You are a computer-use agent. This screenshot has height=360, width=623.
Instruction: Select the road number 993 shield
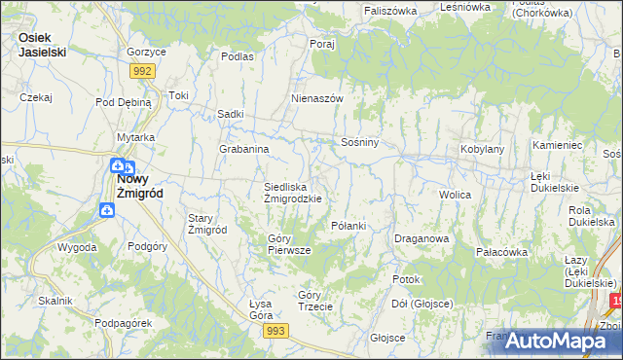click(275, 332)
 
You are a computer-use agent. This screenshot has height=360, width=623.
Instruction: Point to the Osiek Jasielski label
click(42, 44)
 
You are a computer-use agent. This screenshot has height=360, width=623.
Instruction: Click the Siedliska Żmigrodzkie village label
click(293, 192)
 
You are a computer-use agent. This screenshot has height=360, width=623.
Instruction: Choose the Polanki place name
click(348, 226)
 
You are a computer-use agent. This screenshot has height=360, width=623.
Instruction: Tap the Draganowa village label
click(421, 238)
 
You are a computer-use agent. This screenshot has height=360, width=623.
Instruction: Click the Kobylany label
click(482, 150)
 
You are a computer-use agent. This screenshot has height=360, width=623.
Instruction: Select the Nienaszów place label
click(318, 99)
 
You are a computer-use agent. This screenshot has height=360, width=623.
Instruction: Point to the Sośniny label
click(359, 142)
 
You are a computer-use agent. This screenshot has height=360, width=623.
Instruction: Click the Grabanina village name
click(243, 150)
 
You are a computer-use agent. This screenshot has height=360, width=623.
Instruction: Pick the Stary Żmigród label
click(207, 224)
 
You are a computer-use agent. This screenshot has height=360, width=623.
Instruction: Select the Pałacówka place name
click(501, 252)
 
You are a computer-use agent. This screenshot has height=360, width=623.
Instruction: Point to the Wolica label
click(455, 196)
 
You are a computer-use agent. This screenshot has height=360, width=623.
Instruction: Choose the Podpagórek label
click(122, 323)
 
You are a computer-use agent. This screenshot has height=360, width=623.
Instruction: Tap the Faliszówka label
click(390, 10)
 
